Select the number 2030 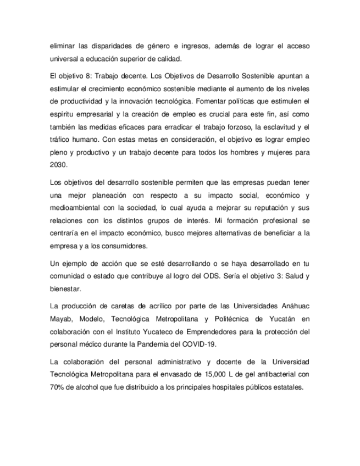(58, 164)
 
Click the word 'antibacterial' (272, 374)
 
